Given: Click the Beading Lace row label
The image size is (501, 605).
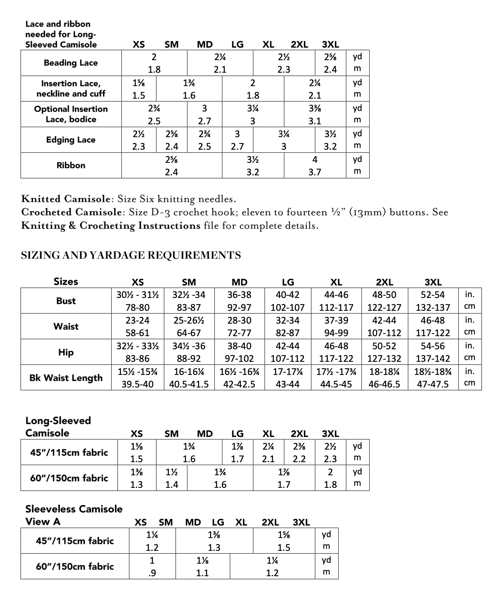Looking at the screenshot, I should point(71,63).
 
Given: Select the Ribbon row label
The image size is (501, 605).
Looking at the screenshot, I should point(71,165).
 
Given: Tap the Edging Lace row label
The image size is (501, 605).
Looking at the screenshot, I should point(71,140).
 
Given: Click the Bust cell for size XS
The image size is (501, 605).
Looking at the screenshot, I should point(138,301).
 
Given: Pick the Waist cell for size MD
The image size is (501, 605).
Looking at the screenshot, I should point(239,326).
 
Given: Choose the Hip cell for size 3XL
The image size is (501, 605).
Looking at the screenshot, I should point(433,352).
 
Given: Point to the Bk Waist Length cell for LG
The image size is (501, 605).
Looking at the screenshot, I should point(288,378).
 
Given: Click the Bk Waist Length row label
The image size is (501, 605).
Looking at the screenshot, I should point(66,378).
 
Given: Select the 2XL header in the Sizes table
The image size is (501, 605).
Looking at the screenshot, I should point(384,282).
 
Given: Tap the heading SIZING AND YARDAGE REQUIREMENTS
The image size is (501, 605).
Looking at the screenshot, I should point(131,255).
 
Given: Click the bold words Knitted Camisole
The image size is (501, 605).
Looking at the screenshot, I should point(66,199).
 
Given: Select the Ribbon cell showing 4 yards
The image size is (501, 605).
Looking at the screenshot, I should point(315,165).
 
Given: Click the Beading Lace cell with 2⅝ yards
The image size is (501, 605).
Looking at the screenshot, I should point(330,63).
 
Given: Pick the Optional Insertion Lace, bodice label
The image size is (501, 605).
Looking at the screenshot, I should point(71,114).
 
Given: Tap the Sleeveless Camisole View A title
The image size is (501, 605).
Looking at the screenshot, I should point(74,515).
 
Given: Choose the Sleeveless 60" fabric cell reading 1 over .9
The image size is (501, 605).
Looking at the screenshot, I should point(152,567).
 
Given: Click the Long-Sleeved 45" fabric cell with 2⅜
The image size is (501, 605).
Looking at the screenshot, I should point(299,452).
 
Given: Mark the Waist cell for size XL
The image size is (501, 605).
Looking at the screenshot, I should point(336,326).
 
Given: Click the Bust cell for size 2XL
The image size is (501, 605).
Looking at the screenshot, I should point(384,301).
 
